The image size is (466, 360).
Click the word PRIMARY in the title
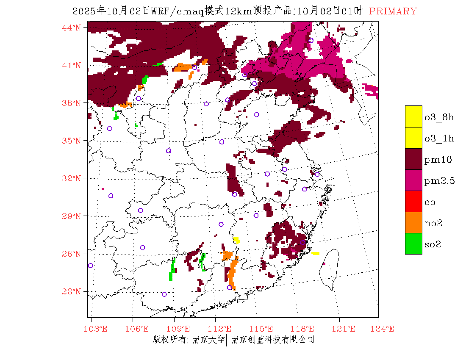pos(393,11)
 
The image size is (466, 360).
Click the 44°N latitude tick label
pos(71,28)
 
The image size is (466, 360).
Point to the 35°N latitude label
pos(71,141)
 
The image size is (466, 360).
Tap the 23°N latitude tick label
pos(71,291)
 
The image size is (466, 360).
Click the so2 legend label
pos(433,244)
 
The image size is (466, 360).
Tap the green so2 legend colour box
pos(413,244)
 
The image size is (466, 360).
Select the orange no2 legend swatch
pos(413,222)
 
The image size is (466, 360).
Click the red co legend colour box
pos(413,201)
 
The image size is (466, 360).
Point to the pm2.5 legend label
pos(439,181)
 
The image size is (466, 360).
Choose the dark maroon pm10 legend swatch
pos(413,159)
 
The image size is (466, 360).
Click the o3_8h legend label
pos(439,117)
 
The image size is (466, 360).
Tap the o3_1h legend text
pos(439,138)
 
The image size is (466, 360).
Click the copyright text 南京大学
pos(208,340)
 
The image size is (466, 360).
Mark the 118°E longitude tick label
pos(305,329)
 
